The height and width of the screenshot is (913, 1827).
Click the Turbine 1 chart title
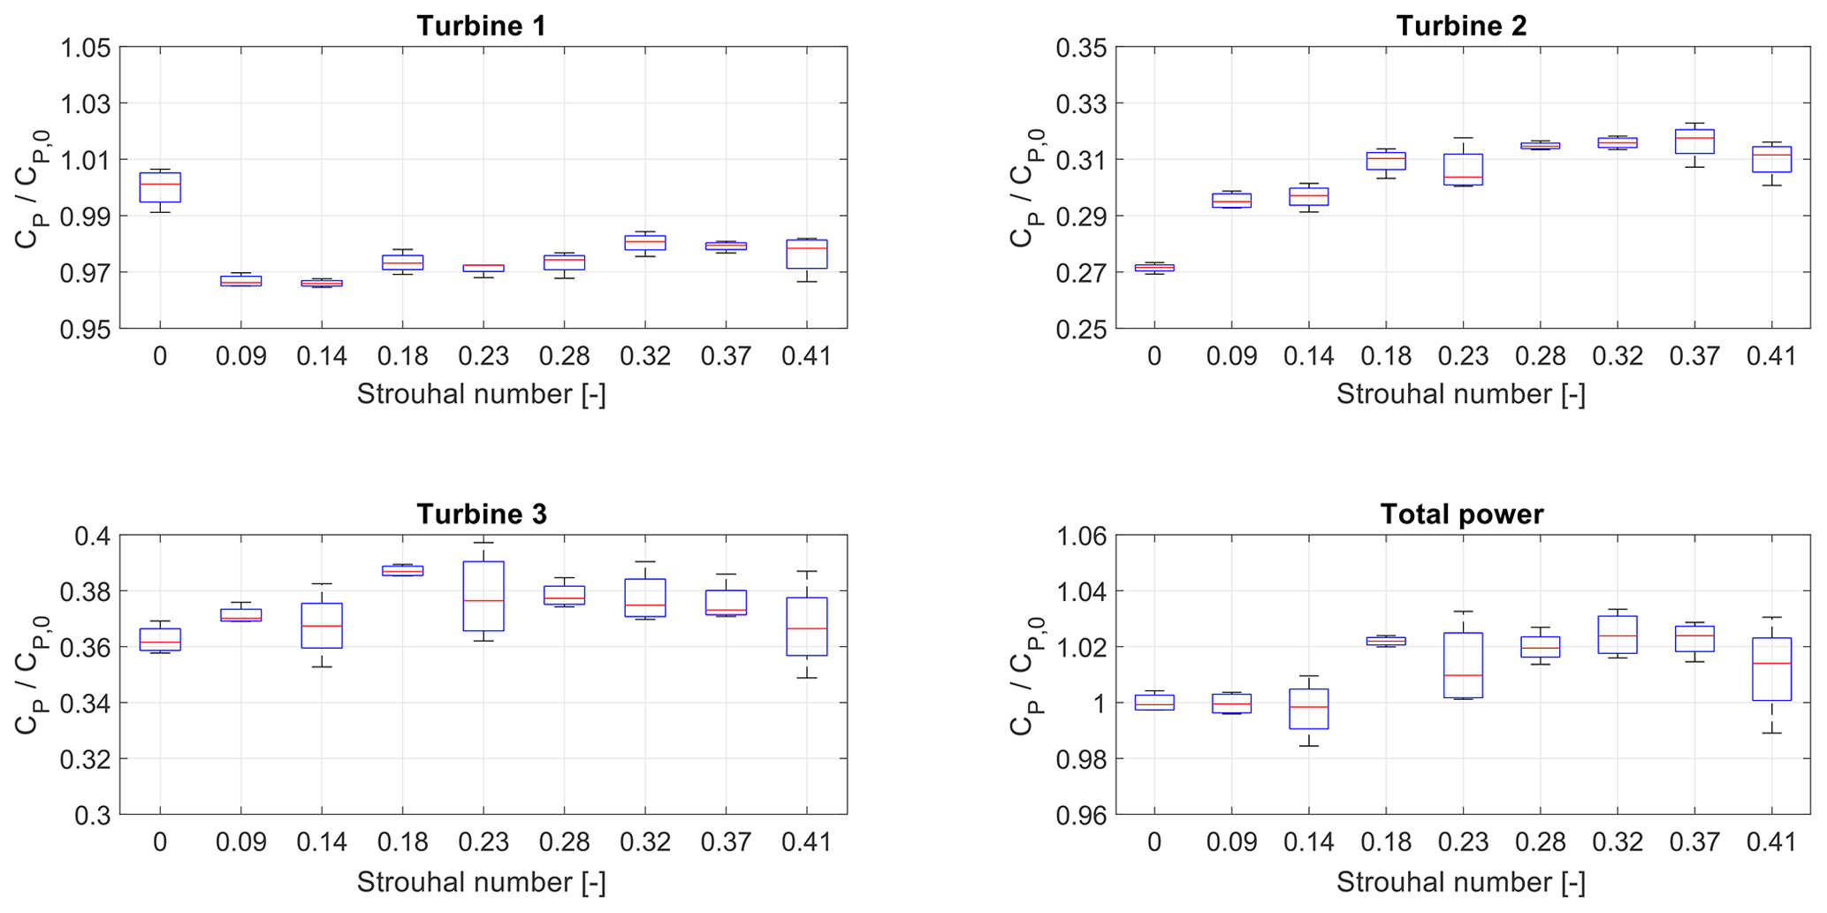(x=481, y=26)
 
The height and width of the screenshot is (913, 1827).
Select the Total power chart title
(x=1461, y=514)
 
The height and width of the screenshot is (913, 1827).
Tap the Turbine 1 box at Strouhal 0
(x=160, y=187)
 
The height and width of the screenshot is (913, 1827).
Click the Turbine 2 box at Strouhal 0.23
(x=1463, y=169)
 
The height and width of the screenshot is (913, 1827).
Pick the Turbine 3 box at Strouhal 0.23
(x=483, y=596)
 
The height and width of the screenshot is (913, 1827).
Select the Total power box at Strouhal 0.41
(x=1772, y=669)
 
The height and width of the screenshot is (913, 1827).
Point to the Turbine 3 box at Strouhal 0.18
(x=402, y=571)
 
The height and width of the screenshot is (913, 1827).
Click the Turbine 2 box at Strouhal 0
(x=1153, y=267)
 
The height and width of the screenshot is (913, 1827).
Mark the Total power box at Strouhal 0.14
(x=1308, y=709)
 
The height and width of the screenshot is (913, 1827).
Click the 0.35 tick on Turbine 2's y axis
(x=1080, y=48)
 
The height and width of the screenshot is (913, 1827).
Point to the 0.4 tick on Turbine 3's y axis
(x=93, y=536)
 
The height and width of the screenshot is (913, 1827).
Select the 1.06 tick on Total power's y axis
(x=1080, y=536)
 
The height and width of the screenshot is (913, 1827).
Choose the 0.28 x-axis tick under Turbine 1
(x=564, y=356)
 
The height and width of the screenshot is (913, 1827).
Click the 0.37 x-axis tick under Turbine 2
(x=1694, y=356)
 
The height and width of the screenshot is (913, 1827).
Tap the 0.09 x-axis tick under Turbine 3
(x=240, y=842)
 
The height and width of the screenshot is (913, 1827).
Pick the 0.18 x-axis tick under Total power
(x=1386, y=842)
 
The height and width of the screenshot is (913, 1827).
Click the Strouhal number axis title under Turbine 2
(x=1460, y=394)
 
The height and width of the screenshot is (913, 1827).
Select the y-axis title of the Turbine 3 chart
(x=31, y=674)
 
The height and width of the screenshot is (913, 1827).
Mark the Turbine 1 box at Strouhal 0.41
(x=806, y=254)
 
